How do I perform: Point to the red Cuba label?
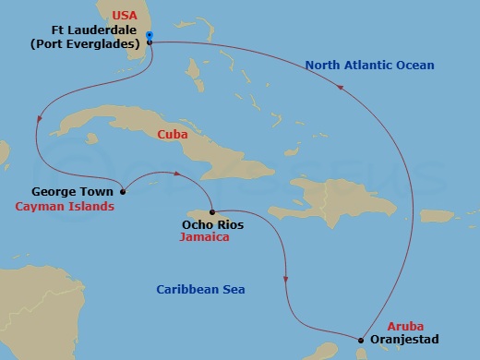(173, 135)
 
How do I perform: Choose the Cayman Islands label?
(65, 207)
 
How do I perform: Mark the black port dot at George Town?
(124, 192)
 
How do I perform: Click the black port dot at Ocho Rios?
(211, 210)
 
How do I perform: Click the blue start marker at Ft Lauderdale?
(150, 36)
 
